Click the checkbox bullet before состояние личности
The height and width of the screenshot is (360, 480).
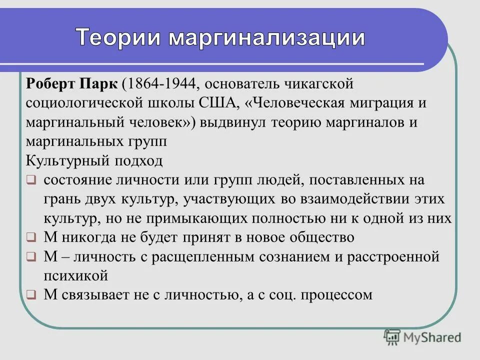pos(31,180)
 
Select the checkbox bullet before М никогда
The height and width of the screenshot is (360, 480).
pos(31,238)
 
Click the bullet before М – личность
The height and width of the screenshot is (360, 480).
pos(31,257)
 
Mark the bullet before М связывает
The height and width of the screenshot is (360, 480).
pos(31,295)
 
